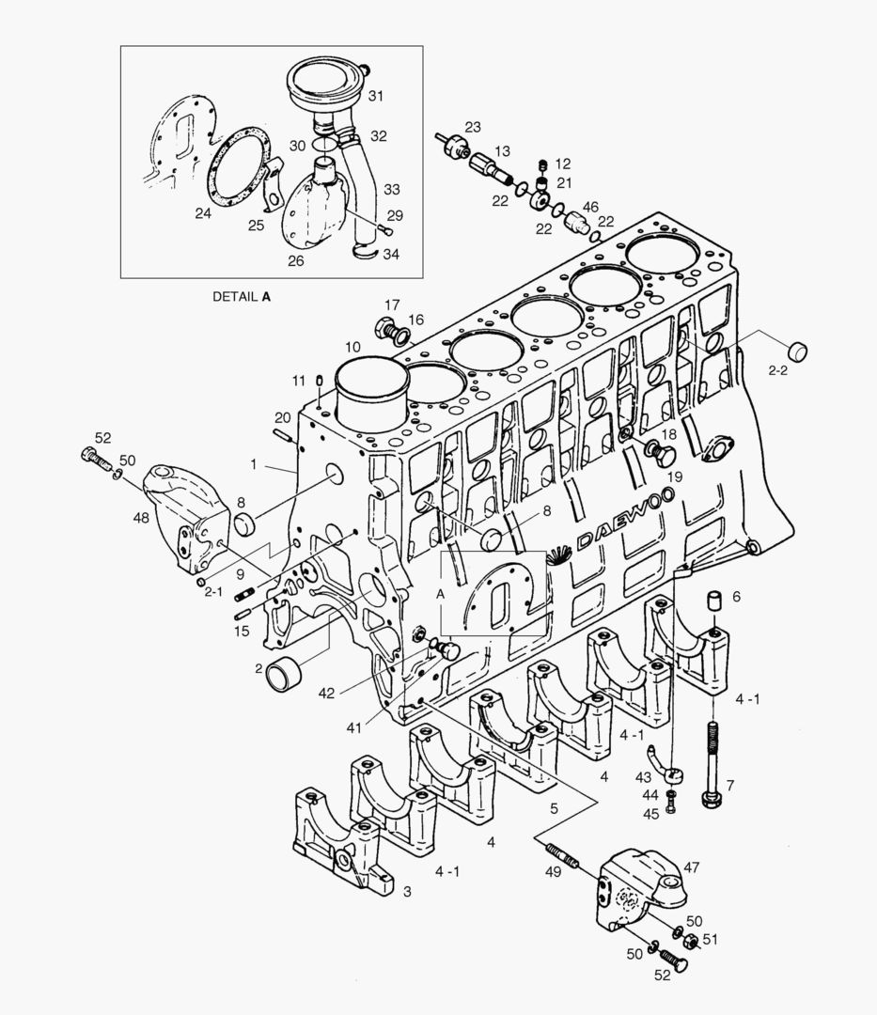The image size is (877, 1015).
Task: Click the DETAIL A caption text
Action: (241, 296)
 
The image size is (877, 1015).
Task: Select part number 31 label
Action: (375, 96)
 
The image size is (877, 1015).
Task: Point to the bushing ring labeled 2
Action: (285, 674)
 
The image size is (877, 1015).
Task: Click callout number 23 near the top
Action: (472, 127)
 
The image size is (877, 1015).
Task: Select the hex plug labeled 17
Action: (385, 328)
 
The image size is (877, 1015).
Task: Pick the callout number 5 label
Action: (555, 807)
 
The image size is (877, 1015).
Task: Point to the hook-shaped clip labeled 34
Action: (362, 251)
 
